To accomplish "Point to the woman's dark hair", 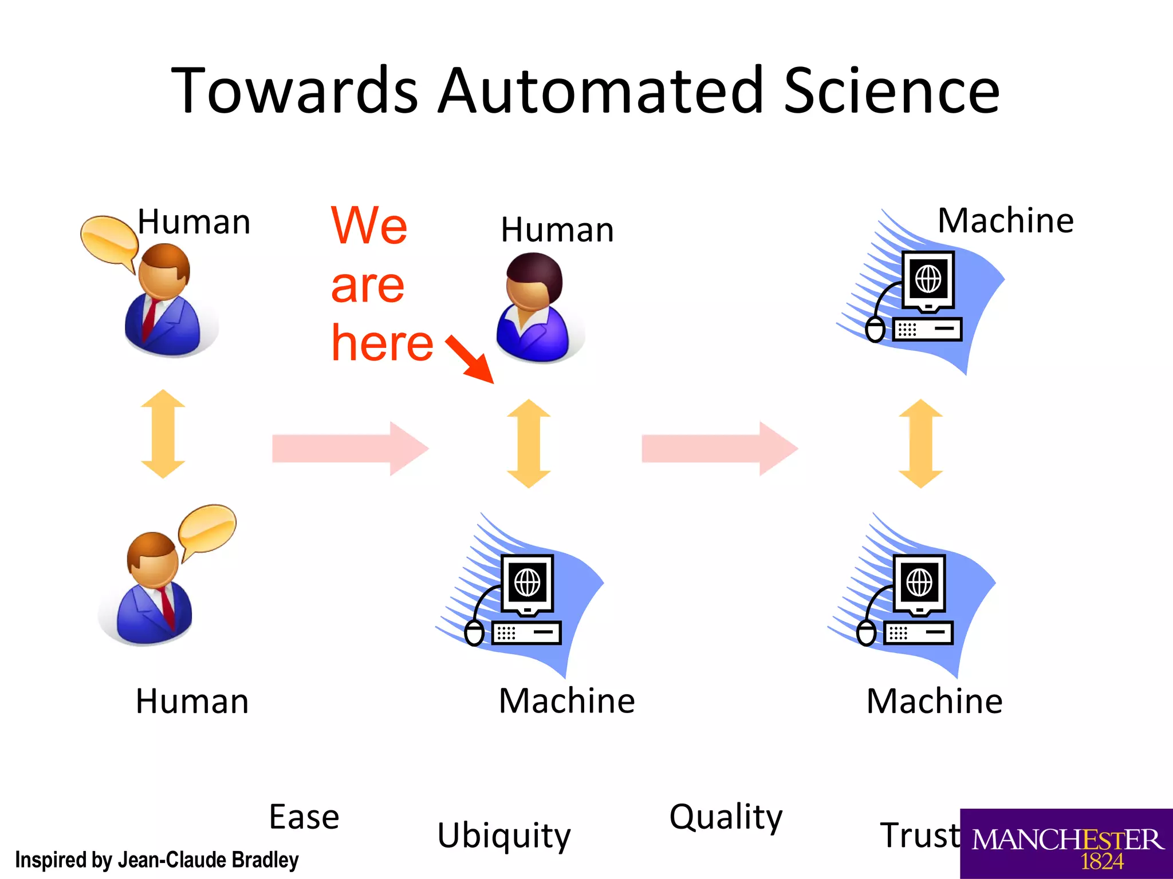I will click(536, 273).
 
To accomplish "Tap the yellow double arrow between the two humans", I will click(163, 434).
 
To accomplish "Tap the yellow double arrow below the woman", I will click(529, 444).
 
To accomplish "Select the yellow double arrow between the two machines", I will click(920, 444).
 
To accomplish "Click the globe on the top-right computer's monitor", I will click(928, 280).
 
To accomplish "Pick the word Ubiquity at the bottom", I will click(504, 835).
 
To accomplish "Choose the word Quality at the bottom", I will click(726, 817).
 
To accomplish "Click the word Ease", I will click(304, 817).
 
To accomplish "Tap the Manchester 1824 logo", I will click(1066, 845).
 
